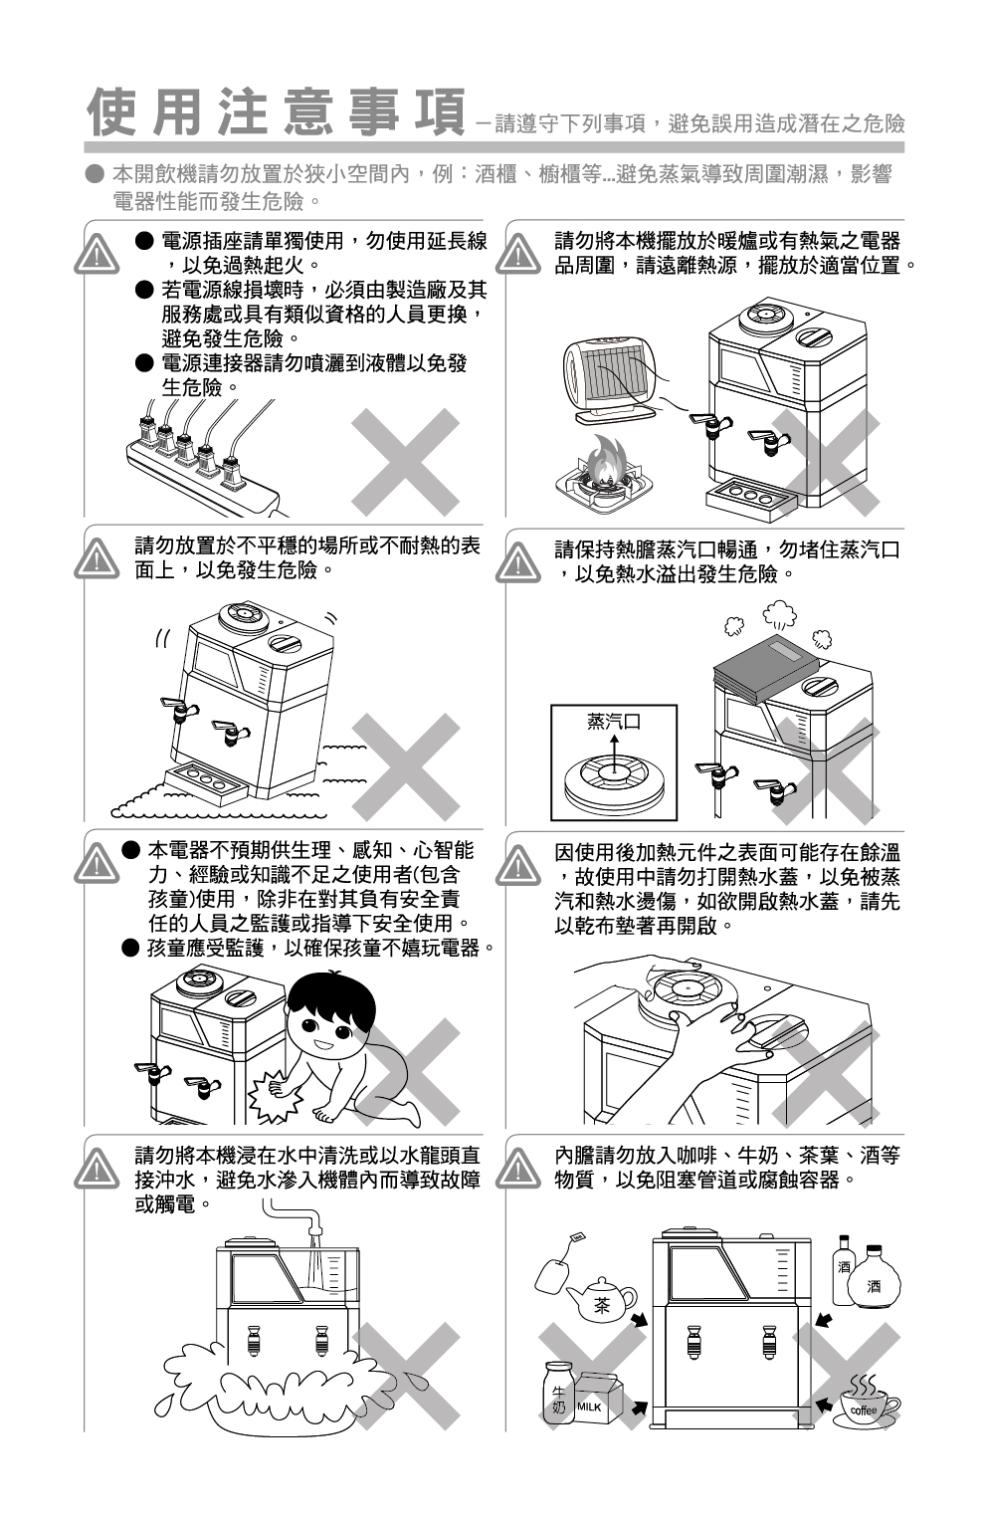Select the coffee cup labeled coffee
point(868,1409)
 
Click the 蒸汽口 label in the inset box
point(613,722)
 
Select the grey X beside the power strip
point(406,462)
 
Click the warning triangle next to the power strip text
point(97,254)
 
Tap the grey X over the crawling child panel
point(406,1072)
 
